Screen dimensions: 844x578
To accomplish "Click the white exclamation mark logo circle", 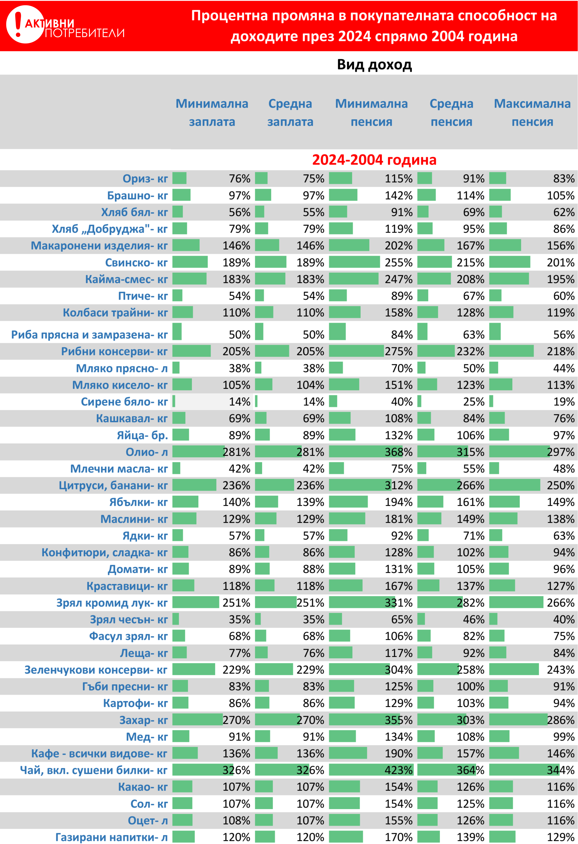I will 25,25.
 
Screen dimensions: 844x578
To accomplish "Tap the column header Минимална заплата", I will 212,113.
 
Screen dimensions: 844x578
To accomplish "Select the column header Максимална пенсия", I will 532,113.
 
